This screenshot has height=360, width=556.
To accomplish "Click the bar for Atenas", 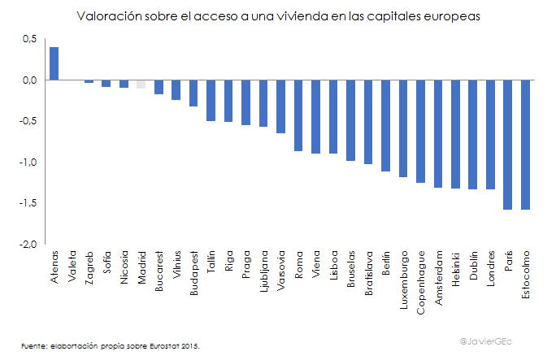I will tap(54, 63).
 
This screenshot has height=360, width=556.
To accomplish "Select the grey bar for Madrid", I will tap(141, 84).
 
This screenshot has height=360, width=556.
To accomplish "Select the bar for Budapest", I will tap(193, 93).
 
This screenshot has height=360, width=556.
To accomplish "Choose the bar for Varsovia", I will tap(281, 106).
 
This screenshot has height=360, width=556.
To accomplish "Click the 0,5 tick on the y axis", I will tap(30, 39).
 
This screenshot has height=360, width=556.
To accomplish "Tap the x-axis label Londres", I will tap(491, 270).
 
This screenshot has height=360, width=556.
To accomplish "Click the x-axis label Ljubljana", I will tap(263, 273).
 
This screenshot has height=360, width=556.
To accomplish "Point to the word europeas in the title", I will tap(446, 15).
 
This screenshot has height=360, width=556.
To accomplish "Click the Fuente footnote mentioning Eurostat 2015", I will tap(110, 345).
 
